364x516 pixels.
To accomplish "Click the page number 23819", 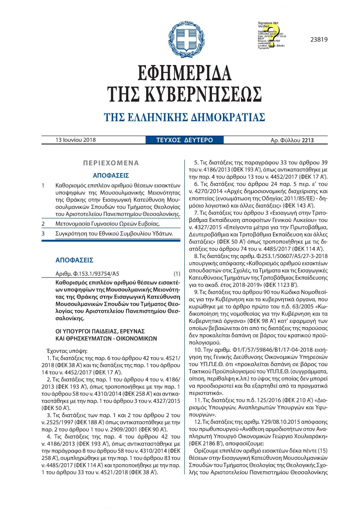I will point(319,40).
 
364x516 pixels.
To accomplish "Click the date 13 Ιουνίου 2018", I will point(76,140).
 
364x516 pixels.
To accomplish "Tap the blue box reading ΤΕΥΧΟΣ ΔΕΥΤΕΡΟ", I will point(185,140).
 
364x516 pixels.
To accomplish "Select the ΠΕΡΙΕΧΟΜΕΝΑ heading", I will point(111,163).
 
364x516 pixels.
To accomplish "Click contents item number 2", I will point(43,224).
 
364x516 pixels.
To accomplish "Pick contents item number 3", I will point(43,234).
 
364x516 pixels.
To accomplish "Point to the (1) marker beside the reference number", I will point(177,274).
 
